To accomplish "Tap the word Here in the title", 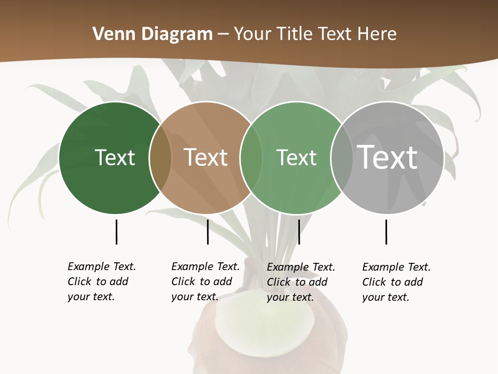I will (x=377, y=34).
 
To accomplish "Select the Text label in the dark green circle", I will (x=115, y=157).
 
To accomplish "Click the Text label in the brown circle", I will (x=206, y=157).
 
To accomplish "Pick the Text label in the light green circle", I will (x=296, y=157).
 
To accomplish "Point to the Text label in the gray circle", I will (x=388, y=157).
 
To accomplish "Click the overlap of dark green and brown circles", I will (x=160, y=158).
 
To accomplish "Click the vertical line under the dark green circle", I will (x=116, y=232).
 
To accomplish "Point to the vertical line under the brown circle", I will (x=208, y=232).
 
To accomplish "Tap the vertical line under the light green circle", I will (x=299, y=232).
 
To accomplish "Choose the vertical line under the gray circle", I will (x=386, y=232).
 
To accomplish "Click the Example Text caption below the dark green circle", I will (x=101, y=282).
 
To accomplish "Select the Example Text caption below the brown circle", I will (x=205, y=282).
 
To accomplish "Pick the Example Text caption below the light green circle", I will (x=300, y=282).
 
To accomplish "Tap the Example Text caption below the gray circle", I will (x=396, y=282).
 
